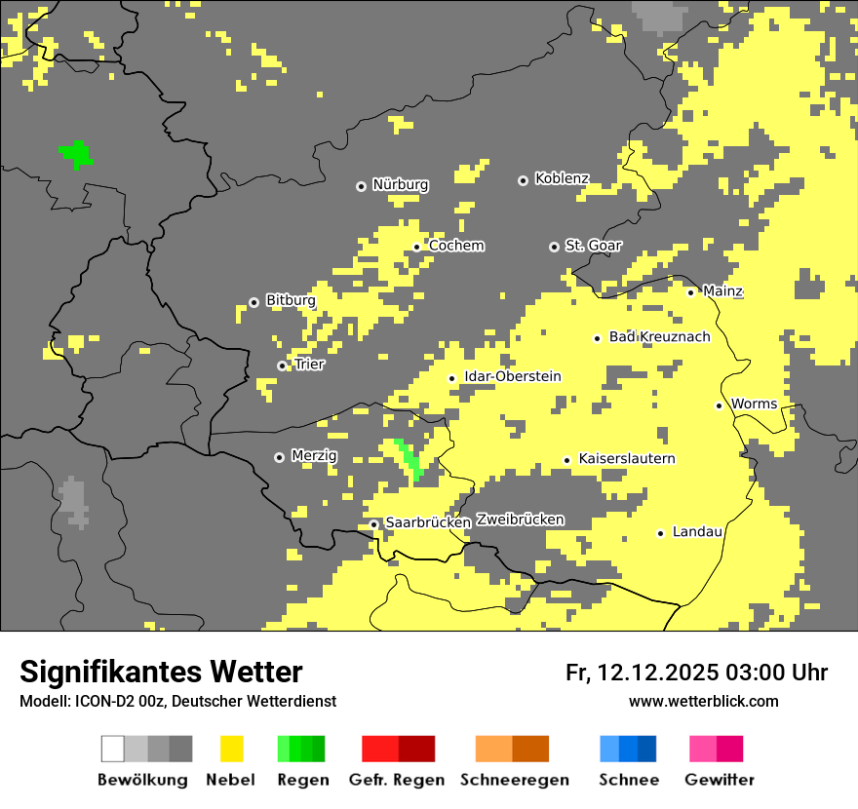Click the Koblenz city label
tap(562, 178)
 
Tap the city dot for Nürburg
tap(361, 185)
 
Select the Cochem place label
tap(456, 246)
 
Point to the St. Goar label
tap(593, 246)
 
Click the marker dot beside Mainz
tap(690, 292)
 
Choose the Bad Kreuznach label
tap(659, 337)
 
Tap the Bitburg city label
tap(291, 301)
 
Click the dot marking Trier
tap(282, 366)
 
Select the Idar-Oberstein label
tap(513, 377)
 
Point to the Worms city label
tap(754, 404)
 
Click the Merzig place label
tap(314, 456)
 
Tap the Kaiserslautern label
tap(627, 459)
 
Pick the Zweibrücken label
tap(520, 520)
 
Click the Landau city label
tap(697, 532)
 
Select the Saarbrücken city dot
tap(373, 524)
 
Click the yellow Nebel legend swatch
tap(231, 749)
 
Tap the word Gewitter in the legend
tap(719, 780)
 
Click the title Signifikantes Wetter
tap(161, 672)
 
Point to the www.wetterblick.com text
tap(703, 702)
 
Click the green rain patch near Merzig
tap(409, 458)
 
